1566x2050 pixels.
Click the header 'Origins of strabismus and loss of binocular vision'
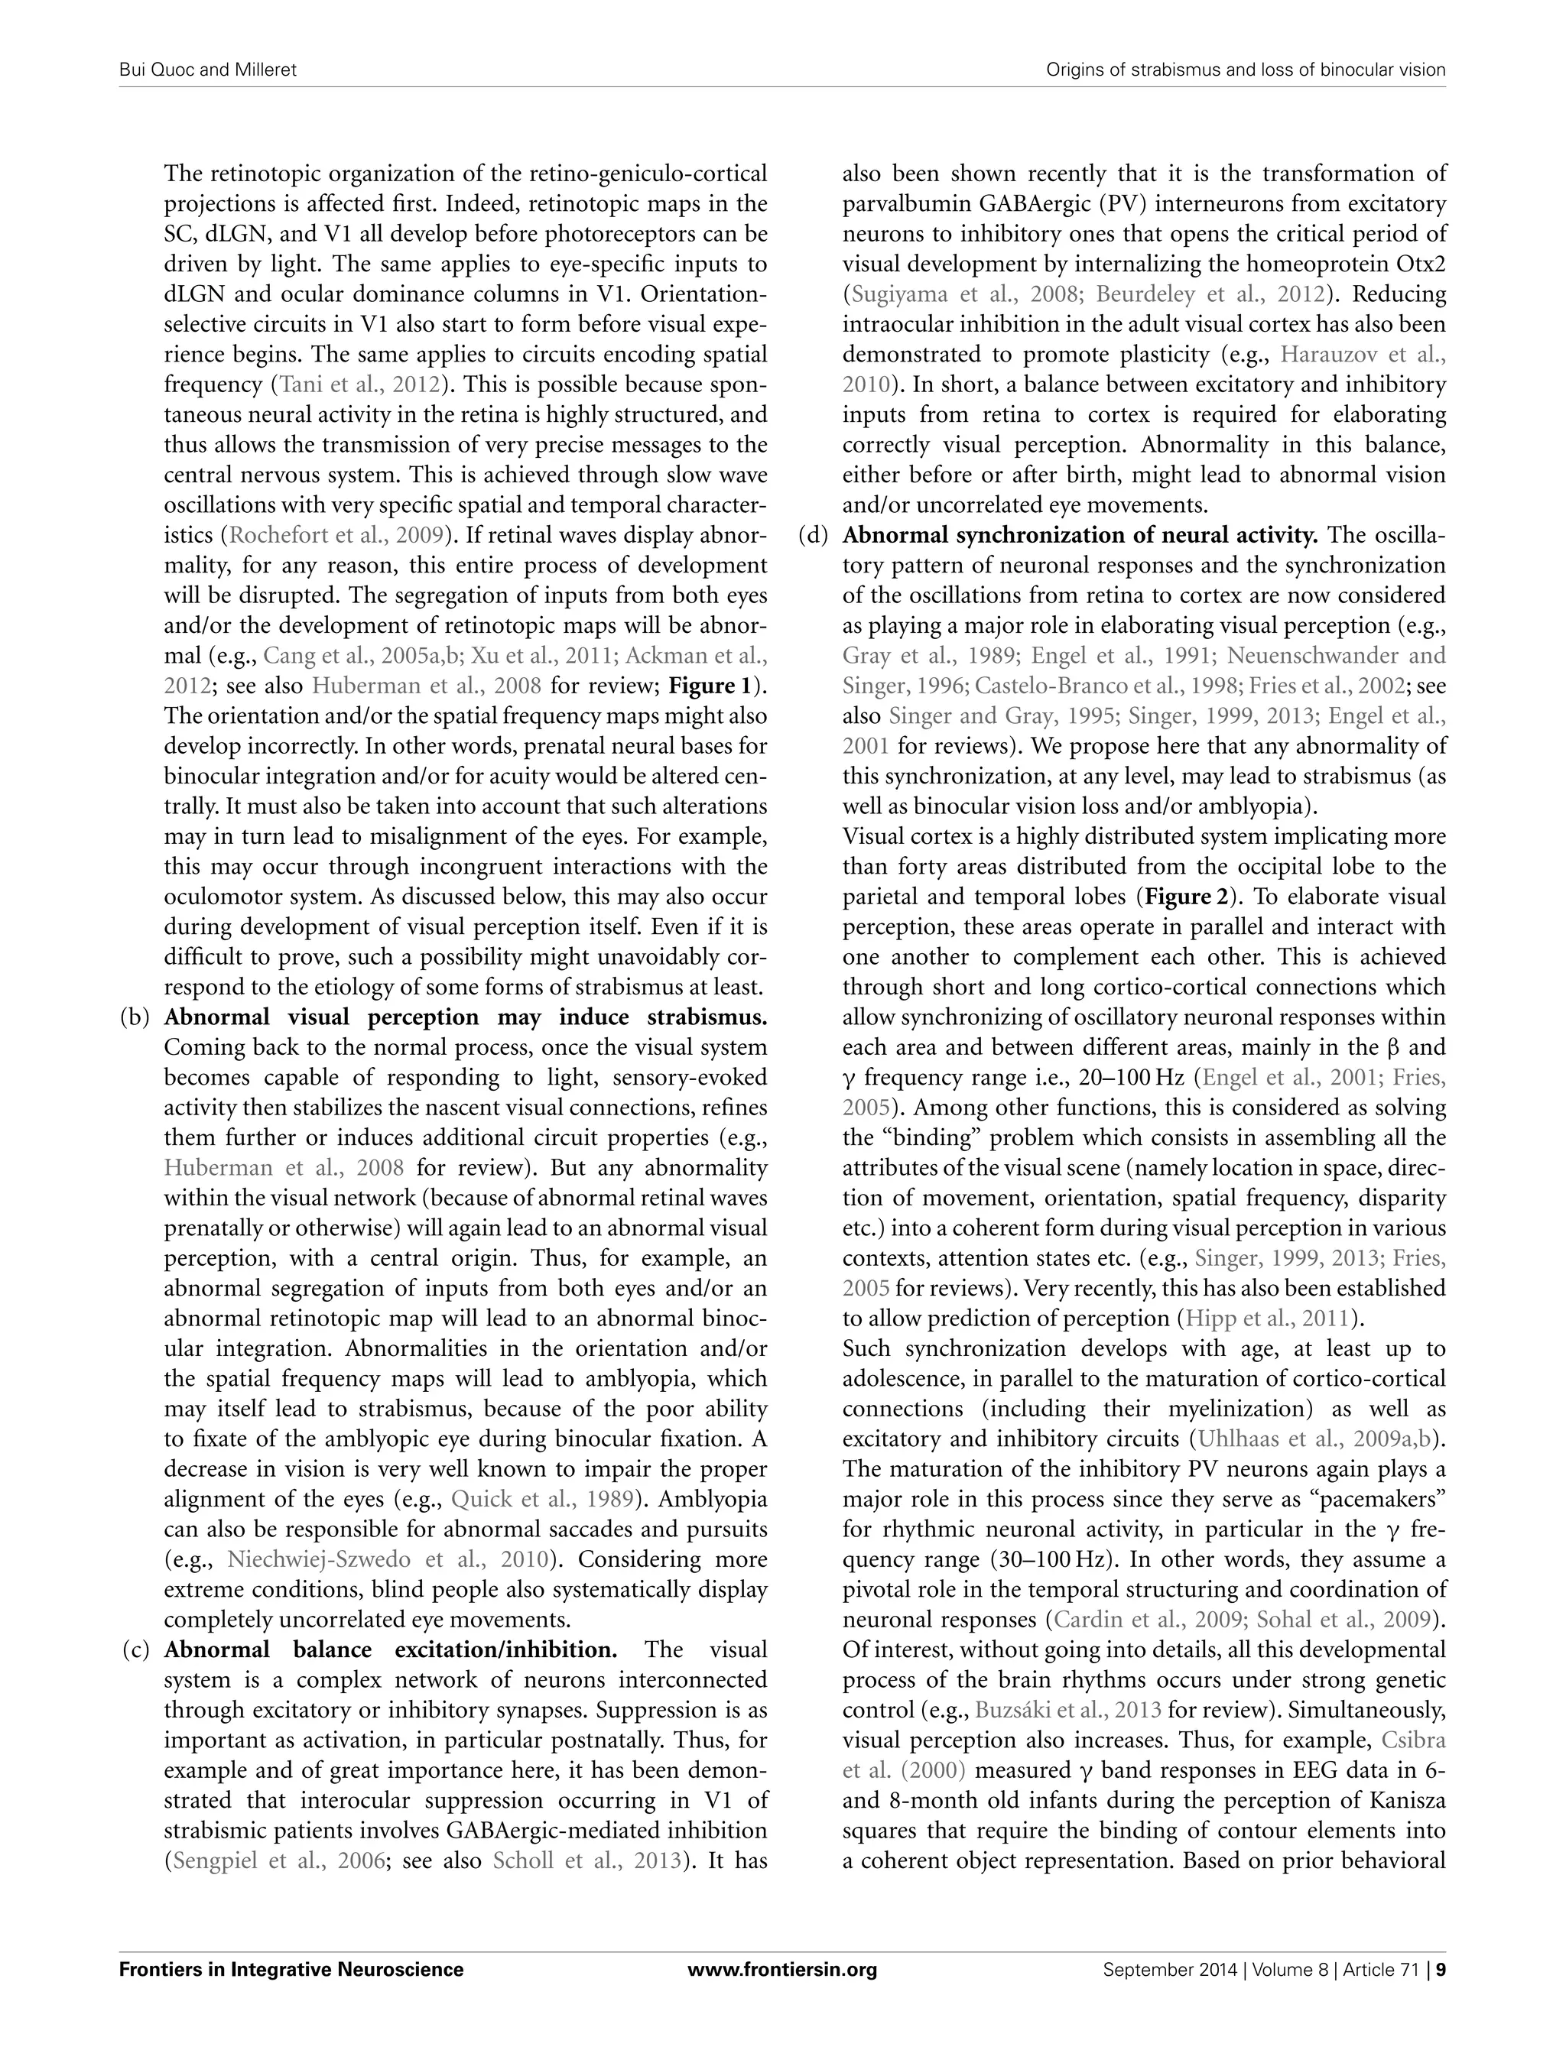[x=1246, y=70]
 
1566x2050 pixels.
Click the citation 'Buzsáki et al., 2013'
[x=1068, y=1710]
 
